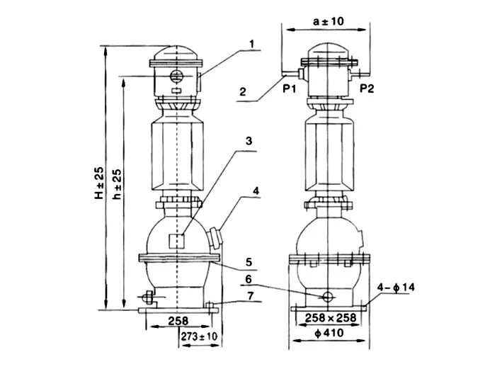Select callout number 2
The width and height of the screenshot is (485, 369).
pyautogui.click(x=243, y=91)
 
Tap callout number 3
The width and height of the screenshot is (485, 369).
pyautogui.click(x=249, y=141)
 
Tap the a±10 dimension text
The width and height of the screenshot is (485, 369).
pyautogui.click(x=328, y=21)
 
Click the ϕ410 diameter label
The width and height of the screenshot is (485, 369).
pyautogui.click(x=328, y=334)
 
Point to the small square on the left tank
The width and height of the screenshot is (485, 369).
pyautogui.click(x=177, y=240)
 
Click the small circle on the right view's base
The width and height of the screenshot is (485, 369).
pyautogui.click(x=328, y=296)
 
